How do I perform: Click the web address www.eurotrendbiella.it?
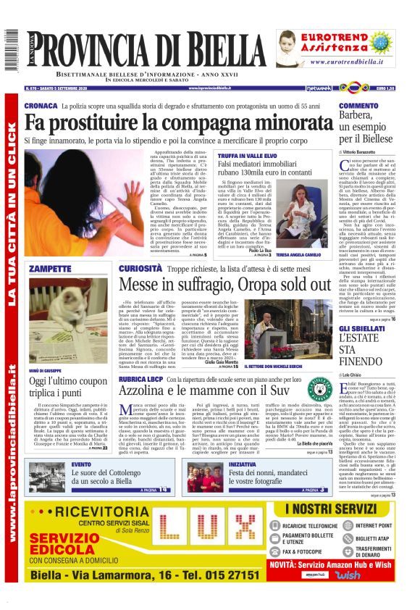[x=348, y=63]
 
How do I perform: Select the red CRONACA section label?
[x=41, y=106]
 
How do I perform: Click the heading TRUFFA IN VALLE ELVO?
[x=246, y=156]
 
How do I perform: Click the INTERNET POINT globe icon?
[x=348, y=525]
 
